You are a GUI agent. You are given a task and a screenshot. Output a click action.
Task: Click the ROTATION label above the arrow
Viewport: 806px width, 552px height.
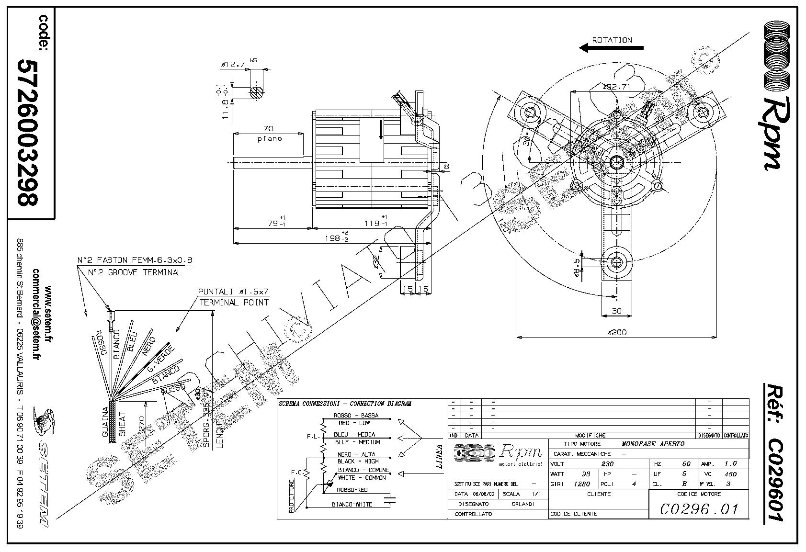coord(612,40)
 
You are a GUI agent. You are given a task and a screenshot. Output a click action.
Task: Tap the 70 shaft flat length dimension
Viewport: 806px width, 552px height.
coord(268,128)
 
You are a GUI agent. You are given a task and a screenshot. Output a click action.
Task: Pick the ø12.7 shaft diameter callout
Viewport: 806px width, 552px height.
coord(234,64)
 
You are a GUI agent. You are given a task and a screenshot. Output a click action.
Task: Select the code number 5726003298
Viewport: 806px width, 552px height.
coord(28,133)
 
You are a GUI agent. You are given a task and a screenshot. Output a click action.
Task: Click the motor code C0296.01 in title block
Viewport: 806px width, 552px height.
coord(699,509)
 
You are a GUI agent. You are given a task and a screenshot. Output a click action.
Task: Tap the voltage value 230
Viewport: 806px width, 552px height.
coord(607,464)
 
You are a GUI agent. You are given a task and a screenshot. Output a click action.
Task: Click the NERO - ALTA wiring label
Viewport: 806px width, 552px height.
coord(356,454)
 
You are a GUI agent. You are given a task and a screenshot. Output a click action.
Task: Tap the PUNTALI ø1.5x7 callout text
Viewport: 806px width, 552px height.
coord(234,292)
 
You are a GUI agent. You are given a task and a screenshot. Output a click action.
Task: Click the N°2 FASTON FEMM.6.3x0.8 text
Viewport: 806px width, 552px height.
coord(135,260)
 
